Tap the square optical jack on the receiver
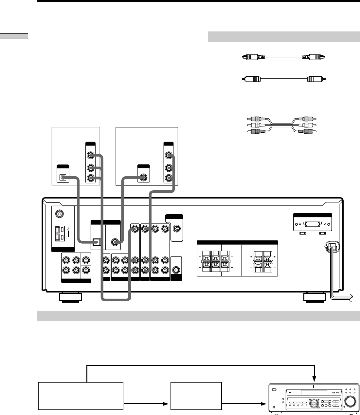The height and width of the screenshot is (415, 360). coord(96,242)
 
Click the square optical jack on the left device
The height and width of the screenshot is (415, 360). coord(63,178)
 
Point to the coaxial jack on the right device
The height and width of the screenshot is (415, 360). coord(143,178)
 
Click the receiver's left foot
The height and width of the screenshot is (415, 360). coord(70,297)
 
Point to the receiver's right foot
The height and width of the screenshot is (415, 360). coord(314,297)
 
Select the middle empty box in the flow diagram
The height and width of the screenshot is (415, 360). coord(196,395)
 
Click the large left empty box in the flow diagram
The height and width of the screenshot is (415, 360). coord(81,395)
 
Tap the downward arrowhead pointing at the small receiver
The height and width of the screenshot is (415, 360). coord(314,378)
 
